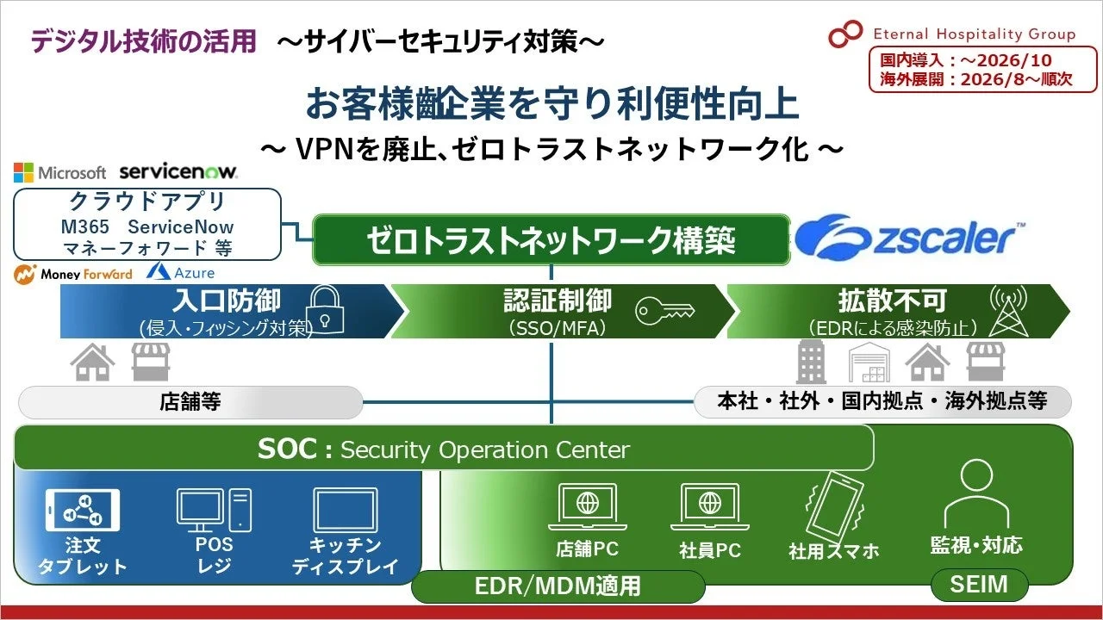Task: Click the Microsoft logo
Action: (x=59, y=173)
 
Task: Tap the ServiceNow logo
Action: (x=178, y=172)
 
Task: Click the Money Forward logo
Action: (x=74, y=273)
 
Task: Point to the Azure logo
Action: (x=181, y=272)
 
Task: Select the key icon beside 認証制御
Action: (x=664, y=311)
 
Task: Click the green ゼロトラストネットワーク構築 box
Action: (x=551, y=239)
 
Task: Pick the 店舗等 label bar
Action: (x=190, y=402)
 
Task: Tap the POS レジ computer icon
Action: (x=214, y=510)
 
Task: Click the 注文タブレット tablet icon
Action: (x=83, y=510)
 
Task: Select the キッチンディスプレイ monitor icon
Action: (x=345, y=510)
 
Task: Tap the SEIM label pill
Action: (x=979, y=585)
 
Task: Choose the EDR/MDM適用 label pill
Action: (x=558, y=586)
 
